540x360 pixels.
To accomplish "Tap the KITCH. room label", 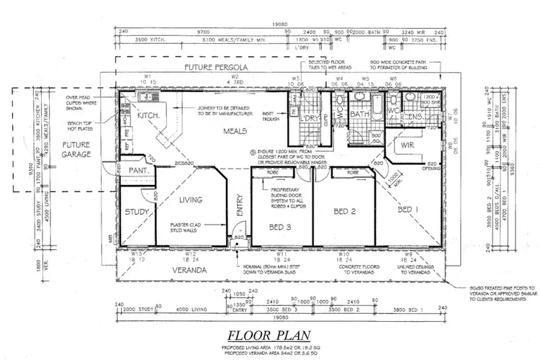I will click(148, 115).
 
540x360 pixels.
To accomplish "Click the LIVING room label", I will click(191, 199).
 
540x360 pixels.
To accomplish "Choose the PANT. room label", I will click(138, 171).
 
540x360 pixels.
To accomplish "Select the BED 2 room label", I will click(346, 212).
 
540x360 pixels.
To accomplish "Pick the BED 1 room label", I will click(408, 209).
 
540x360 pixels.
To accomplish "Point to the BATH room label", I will click(359, 114).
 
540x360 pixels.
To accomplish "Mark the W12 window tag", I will click(191, 253).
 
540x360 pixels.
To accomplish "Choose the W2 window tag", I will click(234, 76).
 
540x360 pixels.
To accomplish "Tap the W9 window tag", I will click(408, 253).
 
